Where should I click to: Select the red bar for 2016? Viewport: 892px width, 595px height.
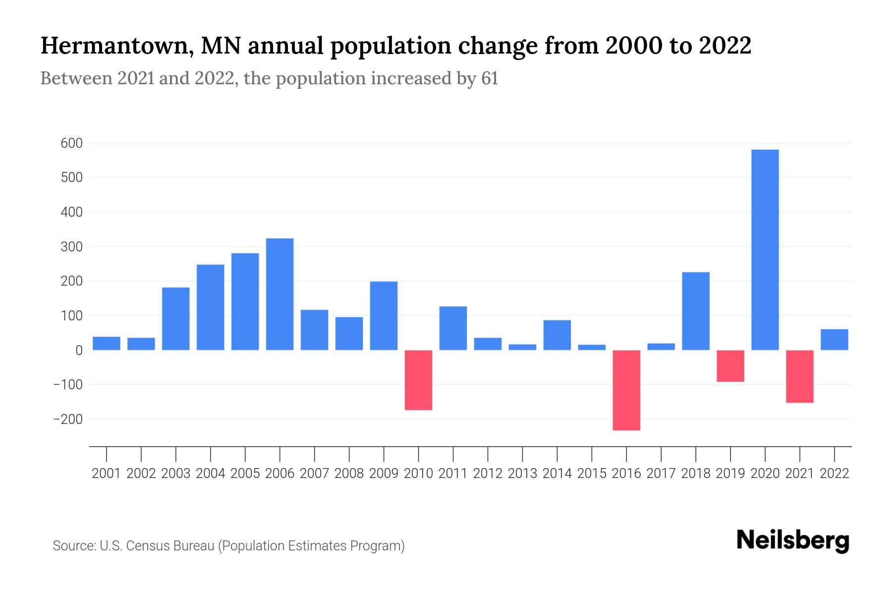pos(626,390)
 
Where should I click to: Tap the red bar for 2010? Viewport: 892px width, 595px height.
pos(418,380)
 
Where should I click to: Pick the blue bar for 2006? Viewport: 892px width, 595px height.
pos(279,294)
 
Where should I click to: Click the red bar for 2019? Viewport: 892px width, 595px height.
pos(730,366)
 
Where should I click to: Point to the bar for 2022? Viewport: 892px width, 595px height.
pos(834,340)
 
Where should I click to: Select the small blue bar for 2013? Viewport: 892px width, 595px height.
pos(522,347)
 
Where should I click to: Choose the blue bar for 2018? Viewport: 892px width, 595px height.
pos(696,311)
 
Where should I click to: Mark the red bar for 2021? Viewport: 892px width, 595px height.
pos(799,376)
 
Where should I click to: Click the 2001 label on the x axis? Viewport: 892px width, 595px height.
pos(107,474)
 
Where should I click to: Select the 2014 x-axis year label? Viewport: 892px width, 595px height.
pos(557,474)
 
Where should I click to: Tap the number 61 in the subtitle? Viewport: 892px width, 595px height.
pos(489,78)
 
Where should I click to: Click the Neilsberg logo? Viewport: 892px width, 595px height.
pos(793,540)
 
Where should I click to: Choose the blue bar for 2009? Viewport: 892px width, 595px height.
pos(384,315)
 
